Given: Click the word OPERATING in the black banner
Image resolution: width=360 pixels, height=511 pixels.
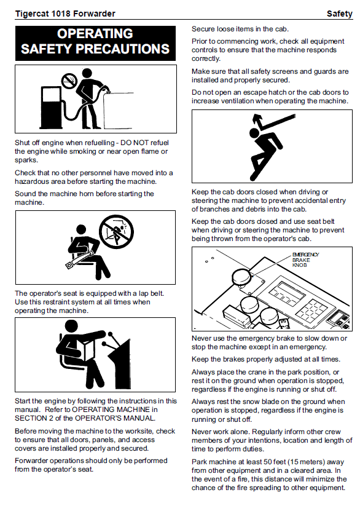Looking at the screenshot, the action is tap(95, 34).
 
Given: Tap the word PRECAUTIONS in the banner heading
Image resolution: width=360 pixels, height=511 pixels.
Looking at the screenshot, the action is tap(123, 49).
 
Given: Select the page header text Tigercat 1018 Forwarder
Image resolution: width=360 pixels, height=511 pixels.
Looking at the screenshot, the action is tap(65, 14).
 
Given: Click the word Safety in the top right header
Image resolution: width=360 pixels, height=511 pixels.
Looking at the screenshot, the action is tap(340, 14).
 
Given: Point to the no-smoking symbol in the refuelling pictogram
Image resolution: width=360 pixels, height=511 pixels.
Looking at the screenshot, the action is tap(69, 81).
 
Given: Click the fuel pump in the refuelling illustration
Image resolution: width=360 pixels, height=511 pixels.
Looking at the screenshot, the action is tap(50, 107).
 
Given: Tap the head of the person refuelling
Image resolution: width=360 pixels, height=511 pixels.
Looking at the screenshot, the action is tap(87, 73).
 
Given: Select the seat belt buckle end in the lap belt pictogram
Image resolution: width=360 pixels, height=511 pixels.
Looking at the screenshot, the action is tap(69, 265).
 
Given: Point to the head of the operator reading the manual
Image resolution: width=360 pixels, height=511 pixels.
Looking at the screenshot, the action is tap(71, 327).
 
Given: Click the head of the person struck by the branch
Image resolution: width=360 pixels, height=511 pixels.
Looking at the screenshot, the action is tap(254, 133).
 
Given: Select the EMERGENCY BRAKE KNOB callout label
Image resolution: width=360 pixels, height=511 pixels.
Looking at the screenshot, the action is tap(305, 259).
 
